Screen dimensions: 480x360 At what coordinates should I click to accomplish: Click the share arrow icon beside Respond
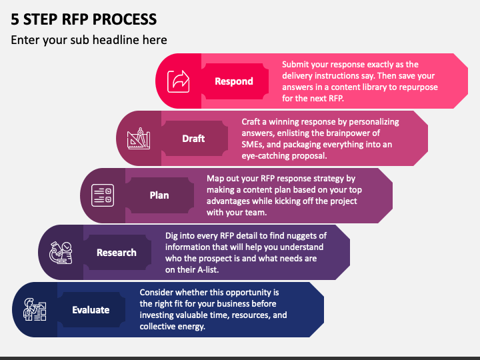[179, 81]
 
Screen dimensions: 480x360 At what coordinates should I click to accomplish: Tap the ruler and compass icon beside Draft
[139, 139]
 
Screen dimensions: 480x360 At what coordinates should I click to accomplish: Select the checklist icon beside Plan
[103, 195]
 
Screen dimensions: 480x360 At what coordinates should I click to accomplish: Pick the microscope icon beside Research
[61, 253]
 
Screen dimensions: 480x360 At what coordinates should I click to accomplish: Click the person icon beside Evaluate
[35, 309]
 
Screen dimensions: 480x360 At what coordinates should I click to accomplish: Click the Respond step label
[234, 81]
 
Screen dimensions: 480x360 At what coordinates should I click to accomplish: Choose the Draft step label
[193, 139]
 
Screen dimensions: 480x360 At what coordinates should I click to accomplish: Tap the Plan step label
[159, 195]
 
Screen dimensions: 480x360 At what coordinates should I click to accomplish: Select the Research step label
[117, 253]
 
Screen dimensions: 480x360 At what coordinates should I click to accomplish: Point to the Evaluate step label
[91, 310]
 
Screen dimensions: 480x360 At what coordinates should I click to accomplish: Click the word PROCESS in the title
[125, 19]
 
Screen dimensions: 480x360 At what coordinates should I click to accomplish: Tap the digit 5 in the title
[15, 19]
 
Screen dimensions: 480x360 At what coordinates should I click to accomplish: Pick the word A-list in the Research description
[208, 270]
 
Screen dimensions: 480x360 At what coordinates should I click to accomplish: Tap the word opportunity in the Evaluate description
[241, 293]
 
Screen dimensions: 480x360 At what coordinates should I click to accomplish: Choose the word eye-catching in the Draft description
[265, 156]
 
